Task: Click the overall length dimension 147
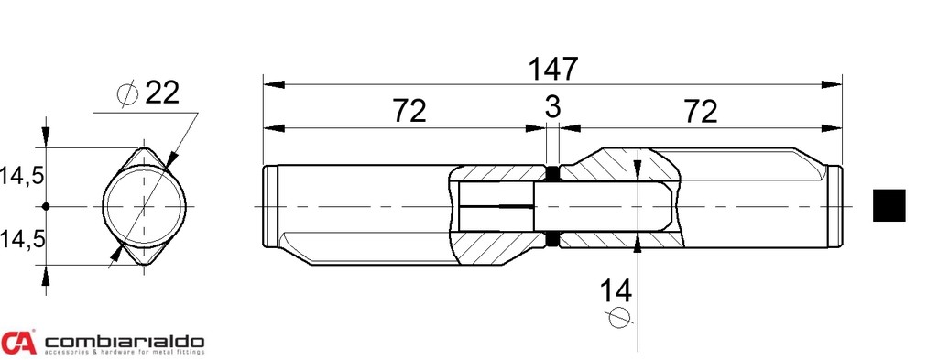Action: (552, 69)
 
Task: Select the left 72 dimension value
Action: (409, 111)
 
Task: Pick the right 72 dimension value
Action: (700, 111)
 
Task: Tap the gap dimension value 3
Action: (552, 106)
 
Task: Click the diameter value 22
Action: (162, 93)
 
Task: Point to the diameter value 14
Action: (616, 291)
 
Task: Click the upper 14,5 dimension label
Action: (22, 177)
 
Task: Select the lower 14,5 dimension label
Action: (22, 239)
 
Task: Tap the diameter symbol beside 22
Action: (127, 93)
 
